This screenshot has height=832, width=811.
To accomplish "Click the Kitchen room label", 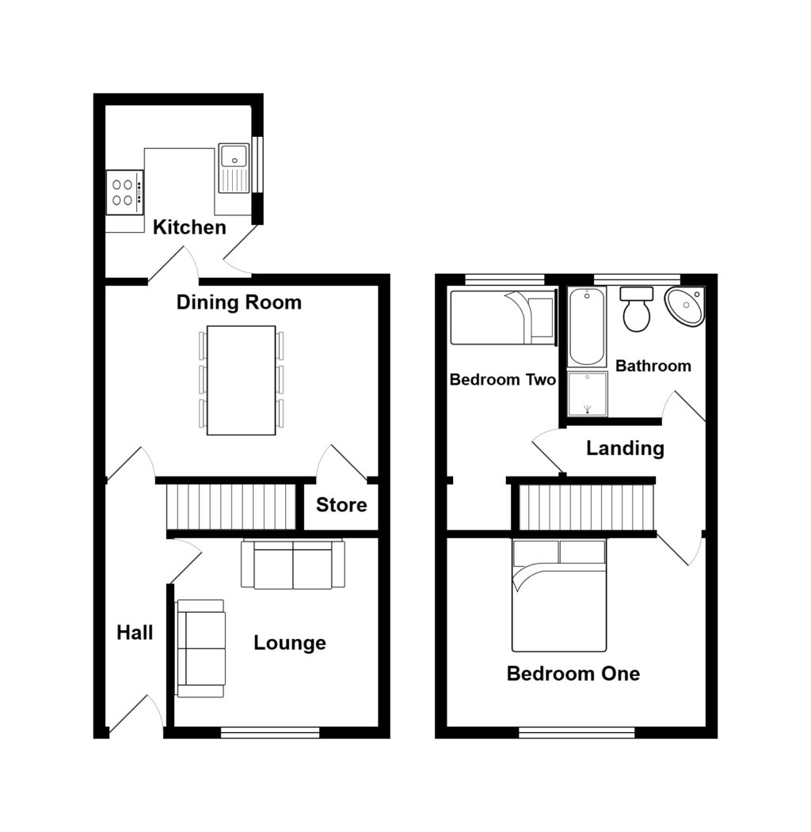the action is click(189, 227).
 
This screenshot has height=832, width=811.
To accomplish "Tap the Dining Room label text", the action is click(239, 302).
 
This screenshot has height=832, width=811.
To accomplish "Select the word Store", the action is click(341, 504).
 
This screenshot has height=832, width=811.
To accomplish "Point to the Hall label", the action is click(135, 633).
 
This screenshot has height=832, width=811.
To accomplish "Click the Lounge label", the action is click(290, 643).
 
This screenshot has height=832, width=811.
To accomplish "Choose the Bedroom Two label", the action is click(502, 379).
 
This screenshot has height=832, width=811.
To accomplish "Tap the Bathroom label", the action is click(653, 366).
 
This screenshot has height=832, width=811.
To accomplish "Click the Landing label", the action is click(625, 448).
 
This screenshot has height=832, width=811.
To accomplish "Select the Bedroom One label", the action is click(573, 674).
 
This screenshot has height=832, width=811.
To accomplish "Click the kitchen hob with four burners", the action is click(124, 192).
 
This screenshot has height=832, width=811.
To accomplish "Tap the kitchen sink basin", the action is click(234, 168).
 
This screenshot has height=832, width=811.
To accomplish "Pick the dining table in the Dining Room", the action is click(242, 381).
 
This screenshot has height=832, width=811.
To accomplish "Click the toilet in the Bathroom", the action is click(637, 309).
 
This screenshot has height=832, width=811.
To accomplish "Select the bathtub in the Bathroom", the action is click(587, 326).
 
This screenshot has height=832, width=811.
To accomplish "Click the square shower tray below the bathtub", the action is click(588, 393).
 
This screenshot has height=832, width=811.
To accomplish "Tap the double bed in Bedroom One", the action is click(559, 595).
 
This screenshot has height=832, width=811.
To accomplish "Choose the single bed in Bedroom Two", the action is click(502, 317).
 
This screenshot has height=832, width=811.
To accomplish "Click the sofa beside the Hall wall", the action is click(200, 648).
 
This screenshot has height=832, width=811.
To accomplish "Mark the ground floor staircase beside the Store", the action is click(231, 506).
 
